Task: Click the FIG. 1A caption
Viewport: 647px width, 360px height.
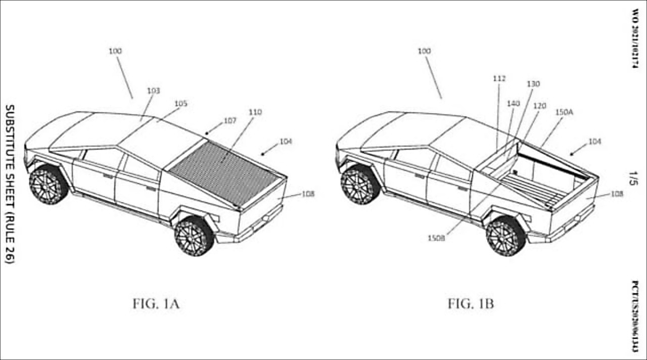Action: pos(156,304)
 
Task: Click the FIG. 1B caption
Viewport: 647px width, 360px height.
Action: pos(471,304)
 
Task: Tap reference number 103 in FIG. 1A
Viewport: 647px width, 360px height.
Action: pos(154,91)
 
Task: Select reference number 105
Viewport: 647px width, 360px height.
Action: pos(181,104)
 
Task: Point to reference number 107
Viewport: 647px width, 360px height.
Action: pos(230,121)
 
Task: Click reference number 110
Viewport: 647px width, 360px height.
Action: pos(255,112)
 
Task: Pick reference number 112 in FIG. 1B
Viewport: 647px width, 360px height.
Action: pos(499,79)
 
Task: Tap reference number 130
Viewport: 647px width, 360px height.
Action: pos(533,84)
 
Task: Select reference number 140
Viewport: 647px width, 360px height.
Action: pos(513,103)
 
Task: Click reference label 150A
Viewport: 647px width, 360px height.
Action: pos(564,112)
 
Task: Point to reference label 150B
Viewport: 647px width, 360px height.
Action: pos(436,238)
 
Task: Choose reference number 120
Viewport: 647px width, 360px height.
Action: pos(540,106)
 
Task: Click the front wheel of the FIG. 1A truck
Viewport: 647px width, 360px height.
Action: pos(48,185)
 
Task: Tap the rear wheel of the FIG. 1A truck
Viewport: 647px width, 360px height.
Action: pos(194,236)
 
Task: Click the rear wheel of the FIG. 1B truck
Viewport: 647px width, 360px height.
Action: pos(506,236)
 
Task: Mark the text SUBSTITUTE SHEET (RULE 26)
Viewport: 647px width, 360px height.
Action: pos(10,184)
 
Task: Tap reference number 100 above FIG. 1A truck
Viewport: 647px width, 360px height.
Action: pos(115,51)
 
